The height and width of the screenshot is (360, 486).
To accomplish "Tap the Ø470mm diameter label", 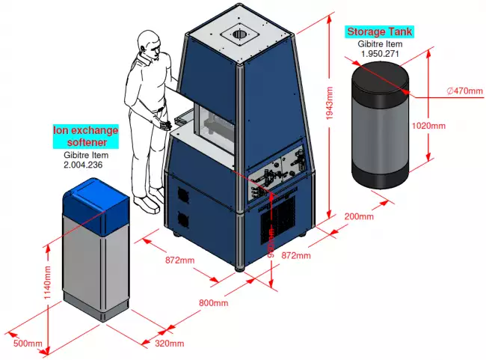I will click(x=464, y=91).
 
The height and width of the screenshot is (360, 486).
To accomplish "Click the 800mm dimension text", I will click(x=213, y=302).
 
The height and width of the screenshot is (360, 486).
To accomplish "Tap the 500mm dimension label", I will click(x=28, y=344).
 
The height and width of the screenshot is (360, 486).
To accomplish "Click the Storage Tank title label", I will click(x=379, y=32).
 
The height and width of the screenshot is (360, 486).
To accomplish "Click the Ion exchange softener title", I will click(x=85, y=135).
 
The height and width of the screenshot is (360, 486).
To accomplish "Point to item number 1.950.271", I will click(x=379, y=54).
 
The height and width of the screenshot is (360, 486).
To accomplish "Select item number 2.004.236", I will click(x=83, y=164).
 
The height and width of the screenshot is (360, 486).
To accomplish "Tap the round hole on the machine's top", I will click(x=239, y=34).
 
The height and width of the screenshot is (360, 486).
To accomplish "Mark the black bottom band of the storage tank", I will click(x=381, y=176).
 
